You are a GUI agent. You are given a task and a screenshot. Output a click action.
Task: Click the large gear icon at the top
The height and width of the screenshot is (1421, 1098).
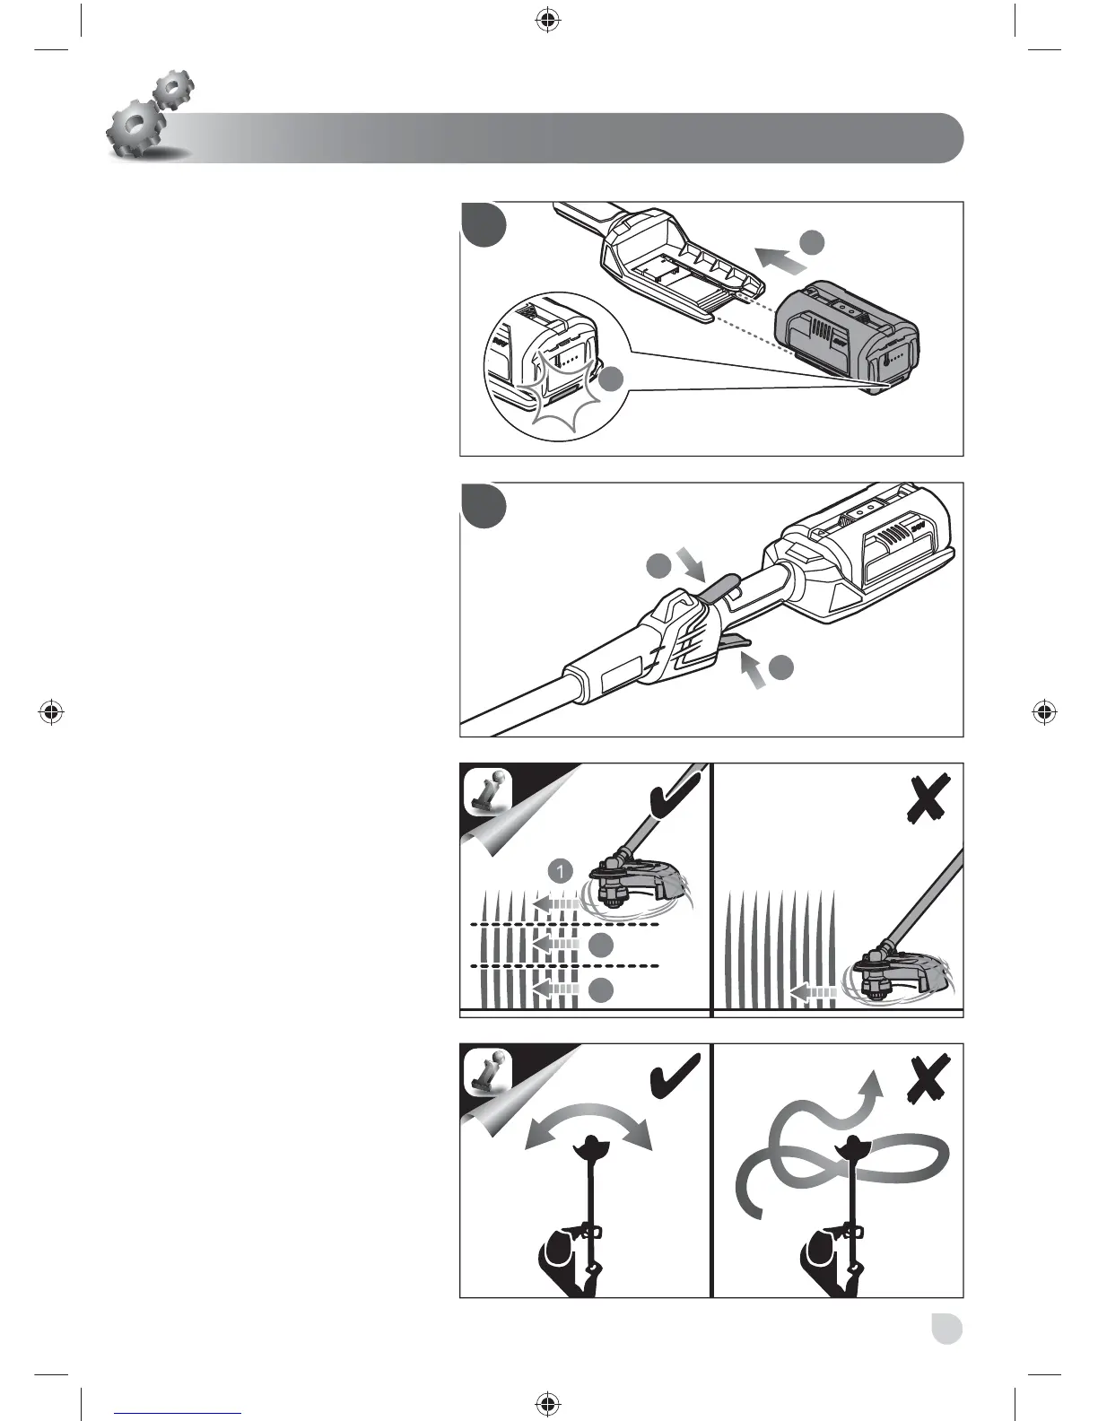click(133, 130)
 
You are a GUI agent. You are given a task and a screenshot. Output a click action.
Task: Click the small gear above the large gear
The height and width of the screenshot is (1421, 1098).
click(173, 90)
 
